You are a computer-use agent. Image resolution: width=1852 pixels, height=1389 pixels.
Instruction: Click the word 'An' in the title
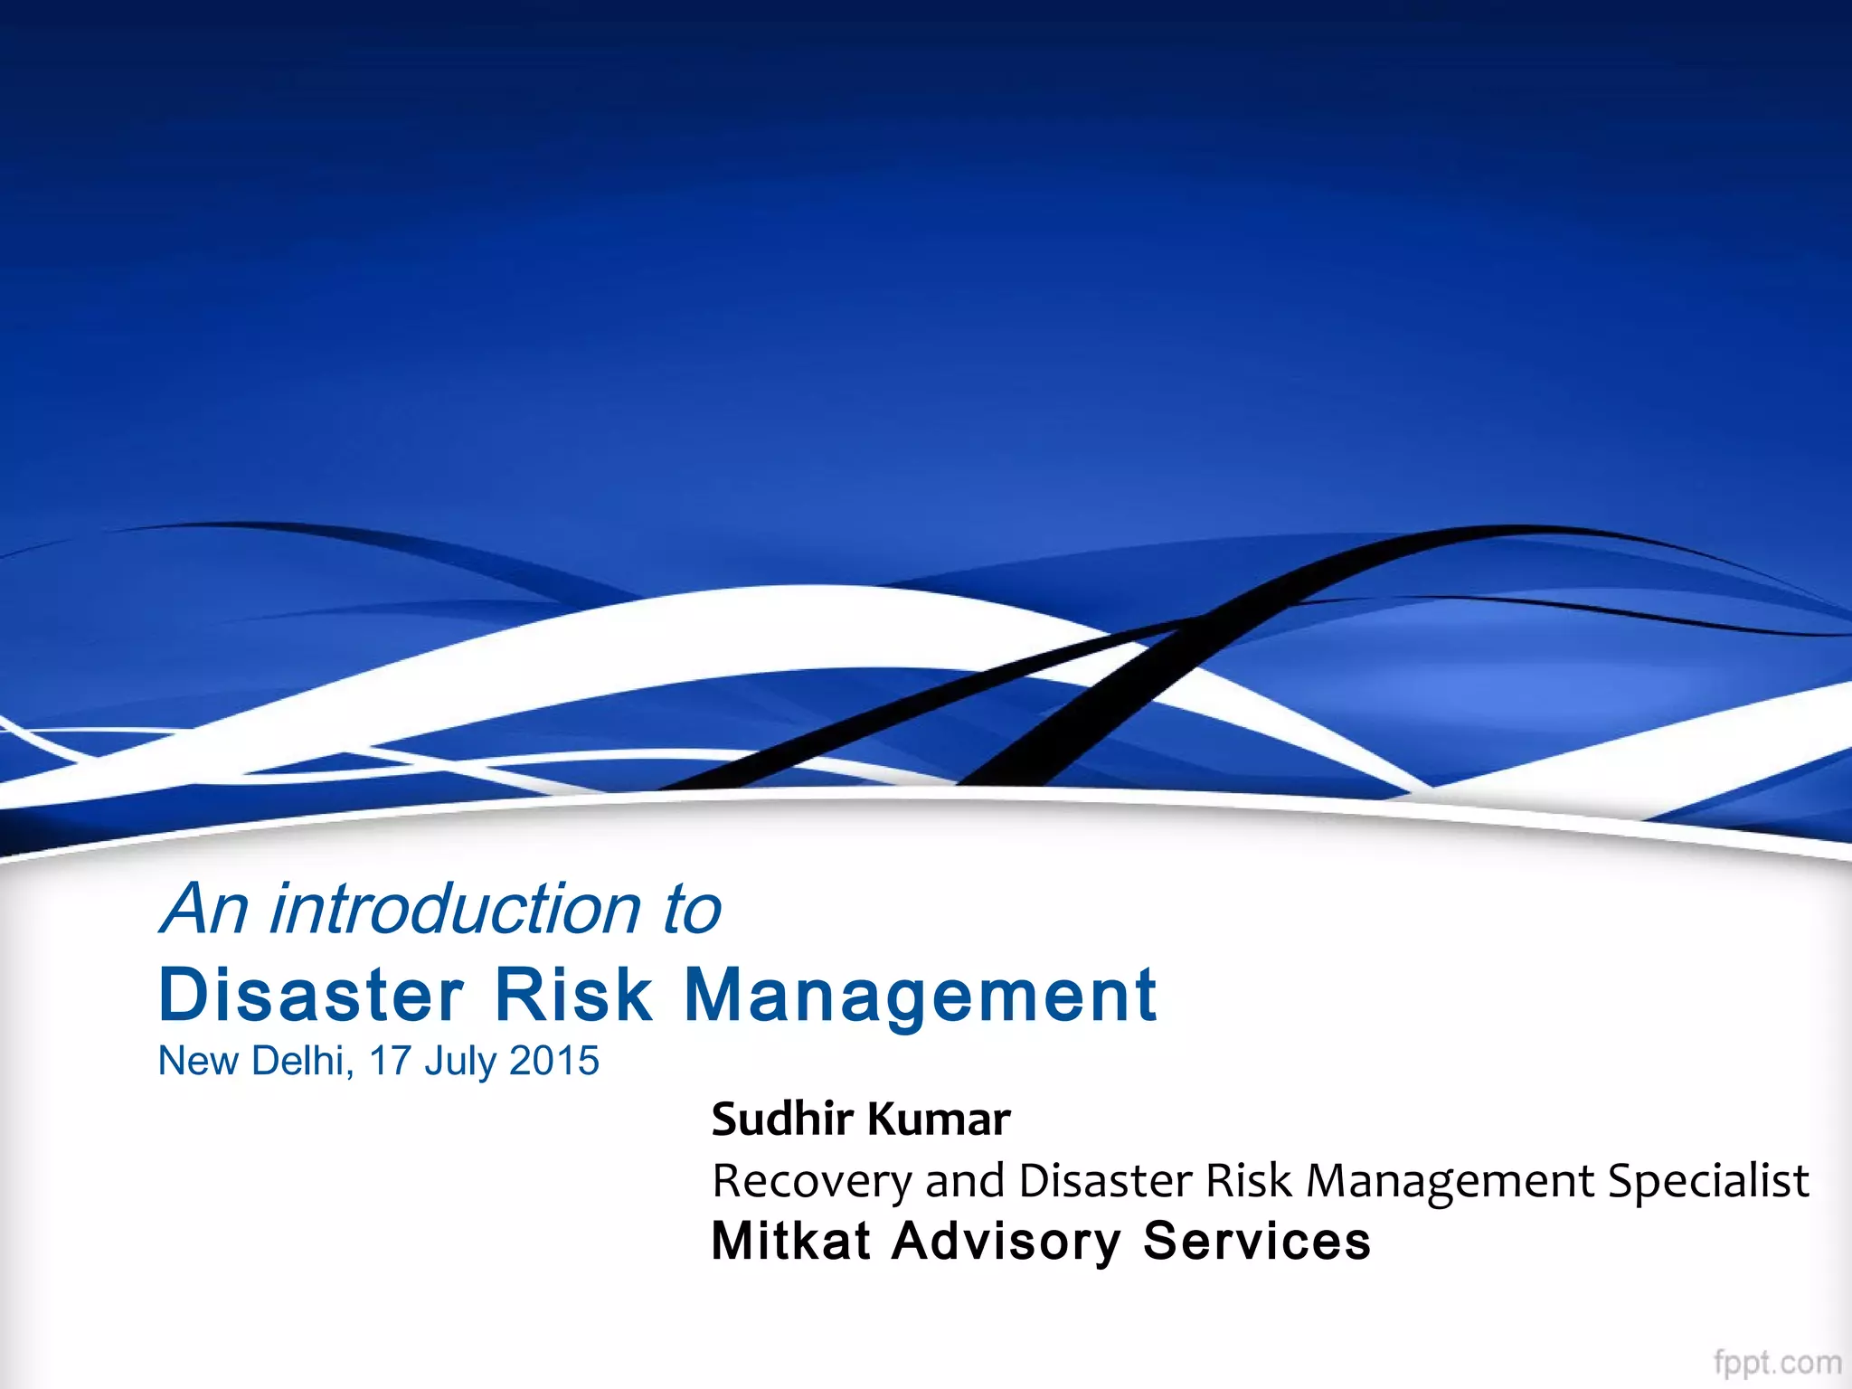pyautogui.click(x=203, y=909)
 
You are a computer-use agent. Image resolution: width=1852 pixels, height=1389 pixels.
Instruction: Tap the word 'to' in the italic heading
pyautogui.click(x=692, y=911)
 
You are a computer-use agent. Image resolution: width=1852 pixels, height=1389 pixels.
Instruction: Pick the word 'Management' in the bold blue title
pyautogui.click(x=921, y=997)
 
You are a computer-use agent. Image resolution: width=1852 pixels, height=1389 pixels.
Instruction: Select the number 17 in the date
pyautogui.click(x=391, y=1061)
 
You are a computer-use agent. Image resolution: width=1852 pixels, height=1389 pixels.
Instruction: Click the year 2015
pyautogui.click(x=554, y=1061)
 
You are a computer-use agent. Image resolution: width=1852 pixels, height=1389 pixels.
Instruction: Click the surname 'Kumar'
pyautogui.click(x=939, y=1120)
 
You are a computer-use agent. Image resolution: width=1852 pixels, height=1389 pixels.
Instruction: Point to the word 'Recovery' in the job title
pyautogui.click(x=812, y=1182)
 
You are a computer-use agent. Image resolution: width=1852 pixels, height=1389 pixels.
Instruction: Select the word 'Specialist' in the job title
pyautogui.click(x=1708, y=1182)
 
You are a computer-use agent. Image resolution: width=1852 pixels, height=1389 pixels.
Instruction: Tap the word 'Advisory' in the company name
pyautogui.click(x=1006, y=1243)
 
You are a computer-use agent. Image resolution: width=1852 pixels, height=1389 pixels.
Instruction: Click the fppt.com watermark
pyautogui.click(x=1777, y=1362)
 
